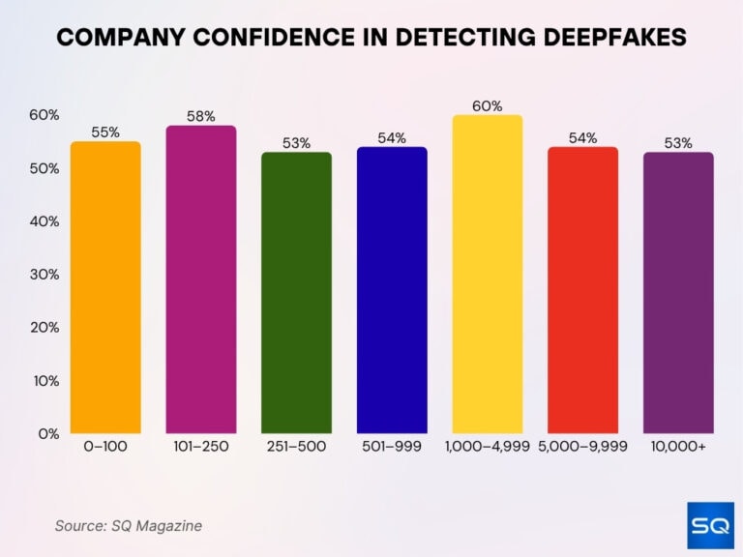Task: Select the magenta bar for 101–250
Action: [201, 279]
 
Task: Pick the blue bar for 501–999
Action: [392, 290]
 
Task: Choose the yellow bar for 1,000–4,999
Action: [487, 275]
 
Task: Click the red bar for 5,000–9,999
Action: [582, 290]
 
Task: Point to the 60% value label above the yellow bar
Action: [488, 106]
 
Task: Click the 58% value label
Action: [201, 117]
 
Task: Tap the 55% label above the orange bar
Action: [105, 132]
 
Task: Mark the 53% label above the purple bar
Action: [678, 143]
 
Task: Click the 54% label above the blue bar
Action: [392, 138]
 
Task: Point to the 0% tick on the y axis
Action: [47, 433]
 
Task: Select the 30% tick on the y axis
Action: [45, 275]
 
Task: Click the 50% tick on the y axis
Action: [45, 168]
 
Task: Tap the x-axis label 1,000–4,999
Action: [487, 447]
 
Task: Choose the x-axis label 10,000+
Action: [678, 447]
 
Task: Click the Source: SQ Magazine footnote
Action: [128, 526]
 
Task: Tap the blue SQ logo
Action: [710, 525]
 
